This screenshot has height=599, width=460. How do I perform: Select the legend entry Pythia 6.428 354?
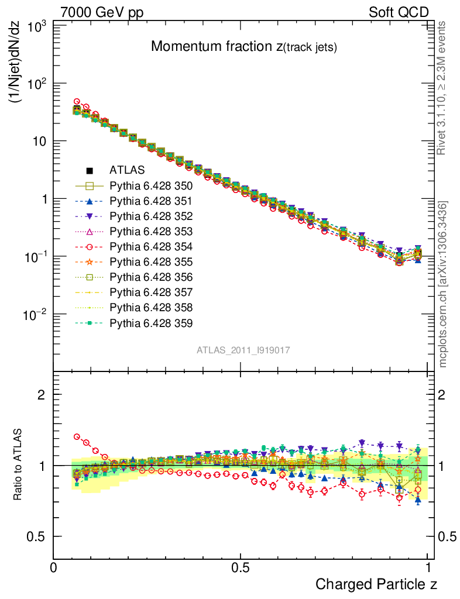pos(151,247)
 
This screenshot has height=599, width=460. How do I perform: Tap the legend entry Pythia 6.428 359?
pos(151,323)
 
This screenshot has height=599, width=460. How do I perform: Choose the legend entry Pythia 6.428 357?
pos(151,292)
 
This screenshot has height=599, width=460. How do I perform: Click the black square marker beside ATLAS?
pos(90,171)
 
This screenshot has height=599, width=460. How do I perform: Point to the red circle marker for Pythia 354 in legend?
pos(90,247)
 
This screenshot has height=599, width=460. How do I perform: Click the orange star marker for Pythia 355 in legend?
pos(90,262)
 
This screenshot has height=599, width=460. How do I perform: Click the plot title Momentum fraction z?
pos(243,47)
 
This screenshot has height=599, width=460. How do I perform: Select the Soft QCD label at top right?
pos(399,12)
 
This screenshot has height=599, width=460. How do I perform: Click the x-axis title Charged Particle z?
pos(376,584)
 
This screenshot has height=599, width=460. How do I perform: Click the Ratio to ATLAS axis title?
pos(18,465)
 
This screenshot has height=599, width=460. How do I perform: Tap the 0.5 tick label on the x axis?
pos(240,567)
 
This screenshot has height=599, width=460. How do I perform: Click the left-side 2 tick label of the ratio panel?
pos(42,394)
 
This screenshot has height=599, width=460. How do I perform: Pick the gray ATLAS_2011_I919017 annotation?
pos(243,350)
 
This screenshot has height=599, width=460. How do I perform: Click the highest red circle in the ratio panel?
pos(77,436)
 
